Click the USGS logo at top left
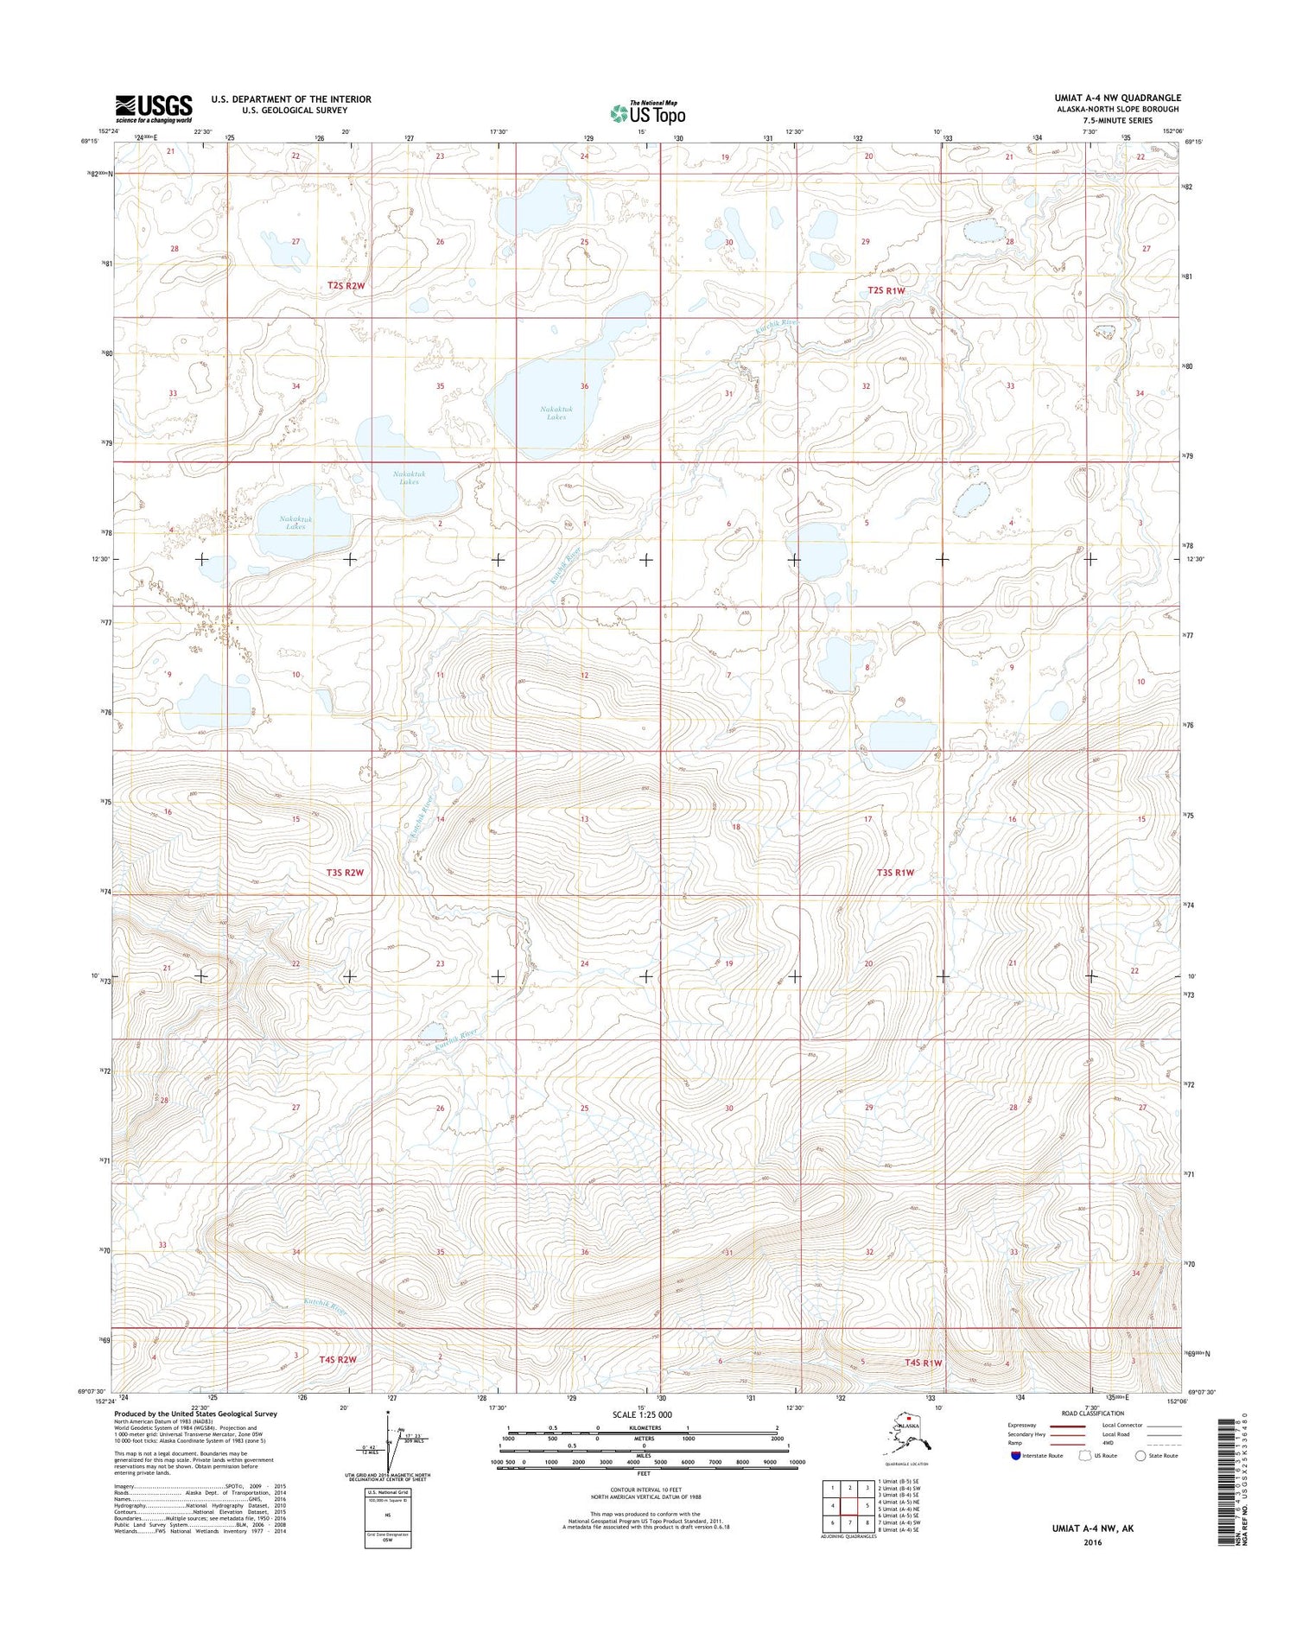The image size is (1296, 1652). pyautogui.click(x=154, y=108)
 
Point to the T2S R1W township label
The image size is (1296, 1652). pyautogui.click(x=886, y=291)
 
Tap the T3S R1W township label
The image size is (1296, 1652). pyautogui.click(x=895, y=873)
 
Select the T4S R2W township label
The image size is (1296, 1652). pyautogui.click(x=338, y=1359)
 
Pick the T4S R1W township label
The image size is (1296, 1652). pyautogui.click(x=923, y=1363)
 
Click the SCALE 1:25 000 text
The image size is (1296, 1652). pyautogui.click(x=641, y=1415)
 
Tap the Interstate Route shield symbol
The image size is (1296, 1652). pyautogui.click(x=1015, y=1456)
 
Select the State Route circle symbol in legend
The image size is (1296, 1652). pyautogui.click(x=1140, y=1456)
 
